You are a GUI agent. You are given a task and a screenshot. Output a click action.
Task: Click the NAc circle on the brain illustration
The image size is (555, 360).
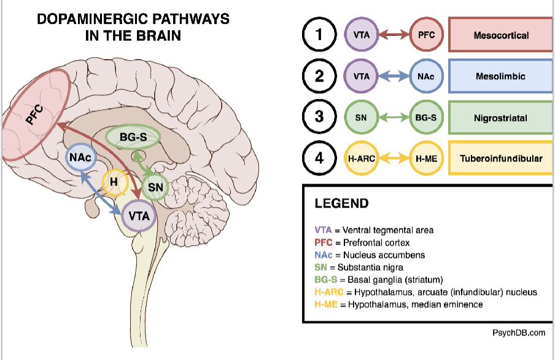tap(80, 158)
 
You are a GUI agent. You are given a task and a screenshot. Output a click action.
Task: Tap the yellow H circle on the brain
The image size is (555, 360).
tap(113, 182)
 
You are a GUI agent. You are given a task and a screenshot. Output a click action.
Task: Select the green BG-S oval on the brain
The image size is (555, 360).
tap(133, 138)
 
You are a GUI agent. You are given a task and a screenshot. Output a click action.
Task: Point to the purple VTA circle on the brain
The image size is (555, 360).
tap(138, 216)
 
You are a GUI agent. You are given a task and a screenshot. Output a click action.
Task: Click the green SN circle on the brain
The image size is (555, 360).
tap(155, 186)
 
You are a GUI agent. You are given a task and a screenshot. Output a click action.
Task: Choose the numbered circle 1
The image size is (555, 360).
tap(319, 34)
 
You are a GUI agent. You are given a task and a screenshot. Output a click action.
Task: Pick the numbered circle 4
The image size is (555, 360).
tap(319, 158)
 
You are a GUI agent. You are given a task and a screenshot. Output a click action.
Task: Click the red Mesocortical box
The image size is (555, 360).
tap(501, 35)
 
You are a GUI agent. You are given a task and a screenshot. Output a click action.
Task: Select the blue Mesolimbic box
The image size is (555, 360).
tap(501, 76)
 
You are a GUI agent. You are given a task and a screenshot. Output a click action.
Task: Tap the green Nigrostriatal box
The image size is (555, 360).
tap(501, 117)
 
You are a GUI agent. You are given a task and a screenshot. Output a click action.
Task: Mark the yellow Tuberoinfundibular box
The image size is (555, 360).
tap(501, 158)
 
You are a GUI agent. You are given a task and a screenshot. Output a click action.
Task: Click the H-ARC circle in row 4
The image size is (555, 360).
tap(362, 158)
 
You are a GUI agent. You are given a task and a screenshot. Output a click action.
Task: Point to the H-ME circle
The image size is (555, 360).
tap(426, 158)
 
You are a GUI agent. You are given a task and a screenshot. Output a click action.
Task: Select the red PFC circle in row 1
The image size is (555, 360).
tap(426, 34)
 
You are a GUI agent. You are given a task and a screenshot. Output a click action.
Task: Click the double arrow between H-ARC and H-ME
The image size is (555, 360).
tap(394, 158)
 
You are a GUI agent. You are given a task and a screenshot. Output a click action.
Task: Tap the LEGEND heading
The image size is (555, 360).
tap(341, 203)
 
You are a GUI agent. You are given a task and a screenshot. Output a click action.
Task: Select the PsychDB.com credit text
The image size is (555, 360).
tap(518, 332)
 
